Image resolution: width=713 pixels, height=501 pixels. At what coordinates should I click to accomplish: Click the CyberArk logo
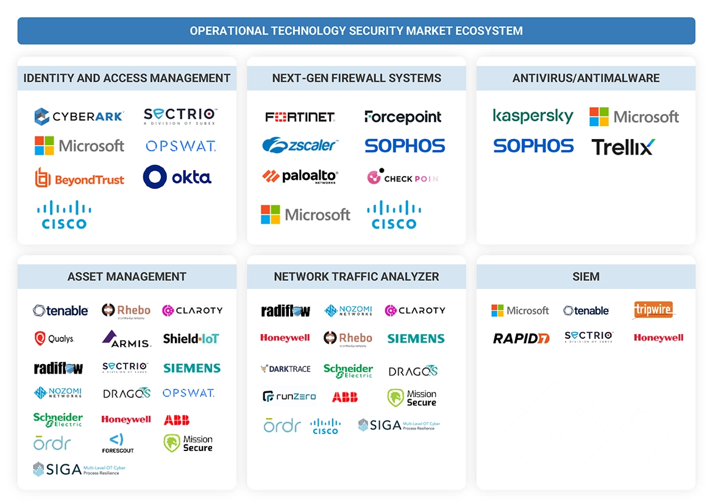click(79, 116)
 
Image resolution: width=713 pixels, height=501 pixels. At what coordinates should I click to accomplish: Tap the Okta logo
click(177, 177)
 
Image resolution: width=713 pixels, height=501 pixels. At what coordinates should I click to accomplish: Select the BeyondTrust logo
click(79, 179)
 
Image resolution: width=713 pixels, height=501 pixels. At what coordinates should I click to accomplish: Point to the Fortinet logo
click(300, 116)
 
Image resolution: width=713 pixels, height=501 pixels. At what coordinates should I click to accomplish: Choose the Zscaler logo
click(300, 146)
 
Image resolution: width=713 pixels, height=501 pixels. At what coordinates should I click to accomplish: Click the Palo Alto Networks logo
click(300, 177)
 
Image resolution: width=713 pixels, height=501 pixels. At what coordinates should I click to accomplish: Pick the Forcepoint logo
click(403, 116)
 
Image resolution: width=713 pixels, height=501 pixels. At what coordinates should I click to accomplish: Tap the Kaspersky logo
click(533, 116)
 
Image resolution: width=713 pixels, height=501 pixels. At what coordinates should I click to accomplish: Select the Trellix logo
click(623, 147)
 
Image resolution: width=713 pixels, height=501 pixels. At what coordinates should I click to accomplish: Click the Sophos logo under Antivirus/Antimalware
click(533, 146)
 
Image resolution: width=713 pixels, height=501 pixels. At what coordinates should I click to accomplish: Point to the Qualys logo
click(54, 338)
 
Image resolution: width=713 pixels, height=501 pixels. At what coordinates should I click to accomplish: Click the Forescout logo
click(118, 443)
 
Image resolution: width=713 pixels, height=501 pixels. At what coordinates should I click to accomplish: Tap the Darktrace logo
click(285, 369)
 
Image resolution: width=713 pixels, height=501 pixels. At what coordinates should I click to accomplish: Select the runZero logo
click(289, 397)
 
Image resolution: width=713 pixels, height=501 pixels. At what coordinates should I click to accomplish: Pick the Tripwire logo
click(654, 310)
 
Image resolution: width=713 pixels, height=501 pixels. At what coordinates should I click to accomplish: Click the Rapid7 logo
click(521, 338)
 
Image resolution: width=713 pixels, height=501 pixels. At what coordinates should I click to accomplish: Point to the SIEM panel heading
click(586, 277)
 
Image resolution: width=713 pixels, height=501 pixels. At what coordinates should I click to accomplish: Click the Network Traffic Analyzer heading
click(356, 277)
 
